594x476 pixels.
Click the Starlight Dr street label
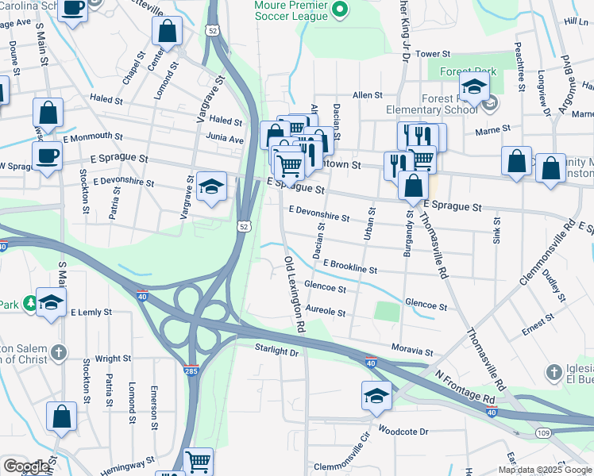pyautogui.click(x=276, y=350)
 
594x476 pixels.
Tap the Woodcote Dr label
pyautogui.click(x=403, y=432)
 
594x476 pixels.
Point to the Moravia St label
pyautogui.click(x=412, y=350)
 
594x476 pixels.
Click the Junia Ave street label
pyautogui.click(x=225, y=138)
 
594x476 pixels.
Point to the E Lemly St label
pyautogui.click(x=91, y=313)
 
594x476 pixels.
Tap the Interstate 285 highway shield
pyautogui.click(x=192, y=370)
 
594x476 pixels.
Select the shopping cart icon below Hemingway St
pyautogui.click(x=198, y=460)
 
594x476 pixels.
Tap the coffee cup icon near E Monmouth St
pyautogui.click(x=48, y=155)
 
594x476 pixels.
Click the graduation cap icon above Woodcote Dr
pyautogui.click(x=376, y=395)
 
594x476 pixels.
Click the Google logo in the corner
pyautogui.click(x=26, y=466)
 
